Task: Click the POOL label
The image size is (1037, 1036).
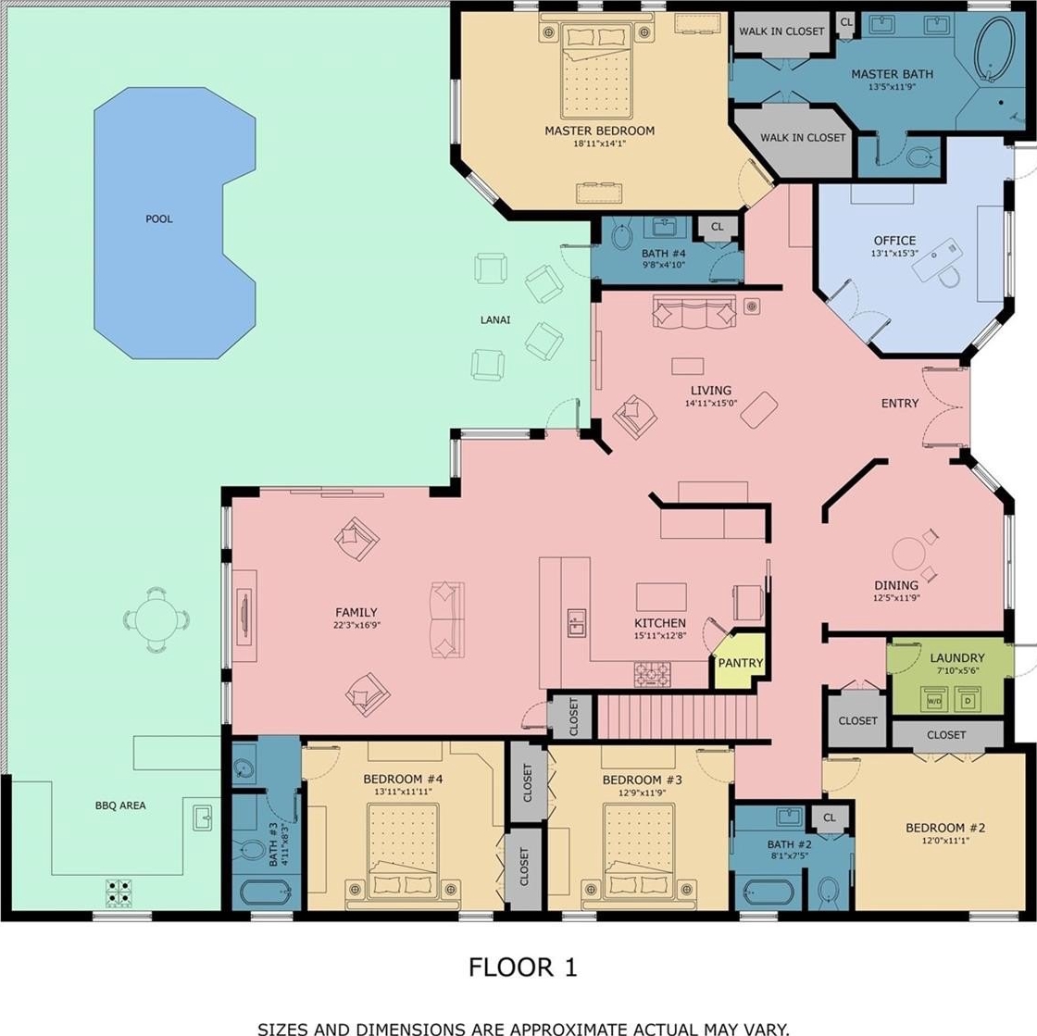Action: pyautogui.click(x=158, y=218)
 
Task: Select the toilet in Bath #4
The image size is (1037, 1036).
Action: pyautogui.click(x=621, y=235)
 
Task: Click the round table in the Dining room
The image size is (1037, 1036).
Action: pyautogui.click(x=908, y=554)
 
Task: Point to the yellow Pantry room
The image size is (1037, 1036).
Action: pyautogui.click(x=740, y=661)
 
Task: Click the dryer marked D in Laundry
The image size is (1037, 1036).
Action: pyautogui.click(x=968, y=700)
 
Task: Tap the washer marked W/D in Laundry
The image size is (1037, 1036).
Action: pyautogui.click(x=934, y=700)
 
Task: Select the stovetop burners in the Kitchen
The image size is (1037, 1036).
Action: pyautogui.click(x=652, y=674)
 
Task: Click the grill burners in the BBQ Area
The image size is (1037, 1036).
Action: pyautogui.click(x=119, y=892)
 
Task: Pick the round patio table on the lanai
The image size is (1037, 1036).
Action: pyautogui.click(x=156, y=619)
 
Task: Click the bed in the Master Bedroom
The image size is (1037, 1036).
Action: pyautogui.click(x=596, y=69)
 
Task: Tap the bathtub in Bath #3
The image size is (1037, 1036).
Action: pyautogui.click(x=265, y=892)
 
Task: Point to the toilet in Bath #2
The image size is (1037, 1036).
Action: pyautogui.click(x=828, y=892)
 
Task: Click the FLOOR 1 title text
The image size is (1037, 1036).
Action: pyautogui.click(x=522, y=967)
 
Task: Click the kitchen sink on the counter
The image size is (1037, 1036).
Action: pyautogui.click(x=576, y=622)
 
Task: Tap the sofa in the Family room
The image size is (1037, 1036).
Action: pyautogui.click(x=447, y=619)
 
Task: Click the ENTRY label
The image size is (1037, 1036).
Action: pyautogui.click(x=899, y=404)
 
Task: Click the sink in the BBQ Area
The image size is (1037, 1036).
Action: pyautogui.click(x=203, y=818)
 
